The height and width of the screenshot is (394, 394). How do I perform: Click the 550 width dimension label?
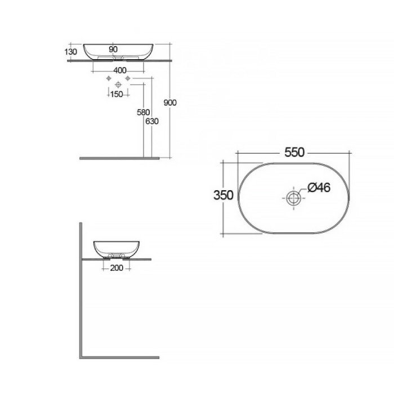294,153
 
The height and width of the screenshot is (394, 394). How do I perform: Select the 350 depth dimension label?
223,195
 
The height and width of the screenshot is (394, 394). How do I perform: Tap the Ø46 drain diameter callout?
319,187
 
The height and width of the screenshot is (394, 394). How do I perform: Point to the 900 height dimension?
170,102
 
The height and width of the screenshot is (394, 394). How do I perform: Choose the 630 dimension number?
152,122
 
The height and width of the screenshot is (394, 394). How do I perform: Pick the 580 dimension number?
144,113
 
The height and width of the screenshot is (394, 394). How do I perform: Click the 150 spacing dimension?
117,95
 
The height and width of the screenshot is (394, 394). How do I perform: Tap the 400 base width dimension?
120,70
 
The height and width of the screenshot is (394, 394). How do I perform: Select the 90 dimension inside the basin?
113,50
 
